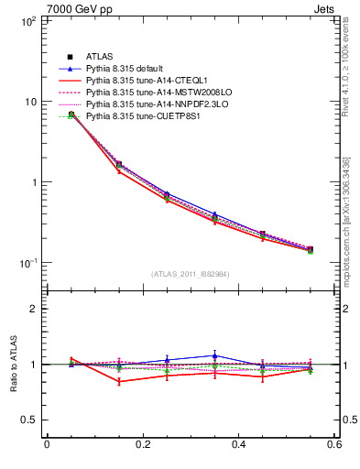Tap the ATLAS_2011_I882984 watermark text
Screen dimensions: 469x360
point(191,274)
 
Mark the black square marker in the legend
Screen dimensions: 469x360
point(70,58)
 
